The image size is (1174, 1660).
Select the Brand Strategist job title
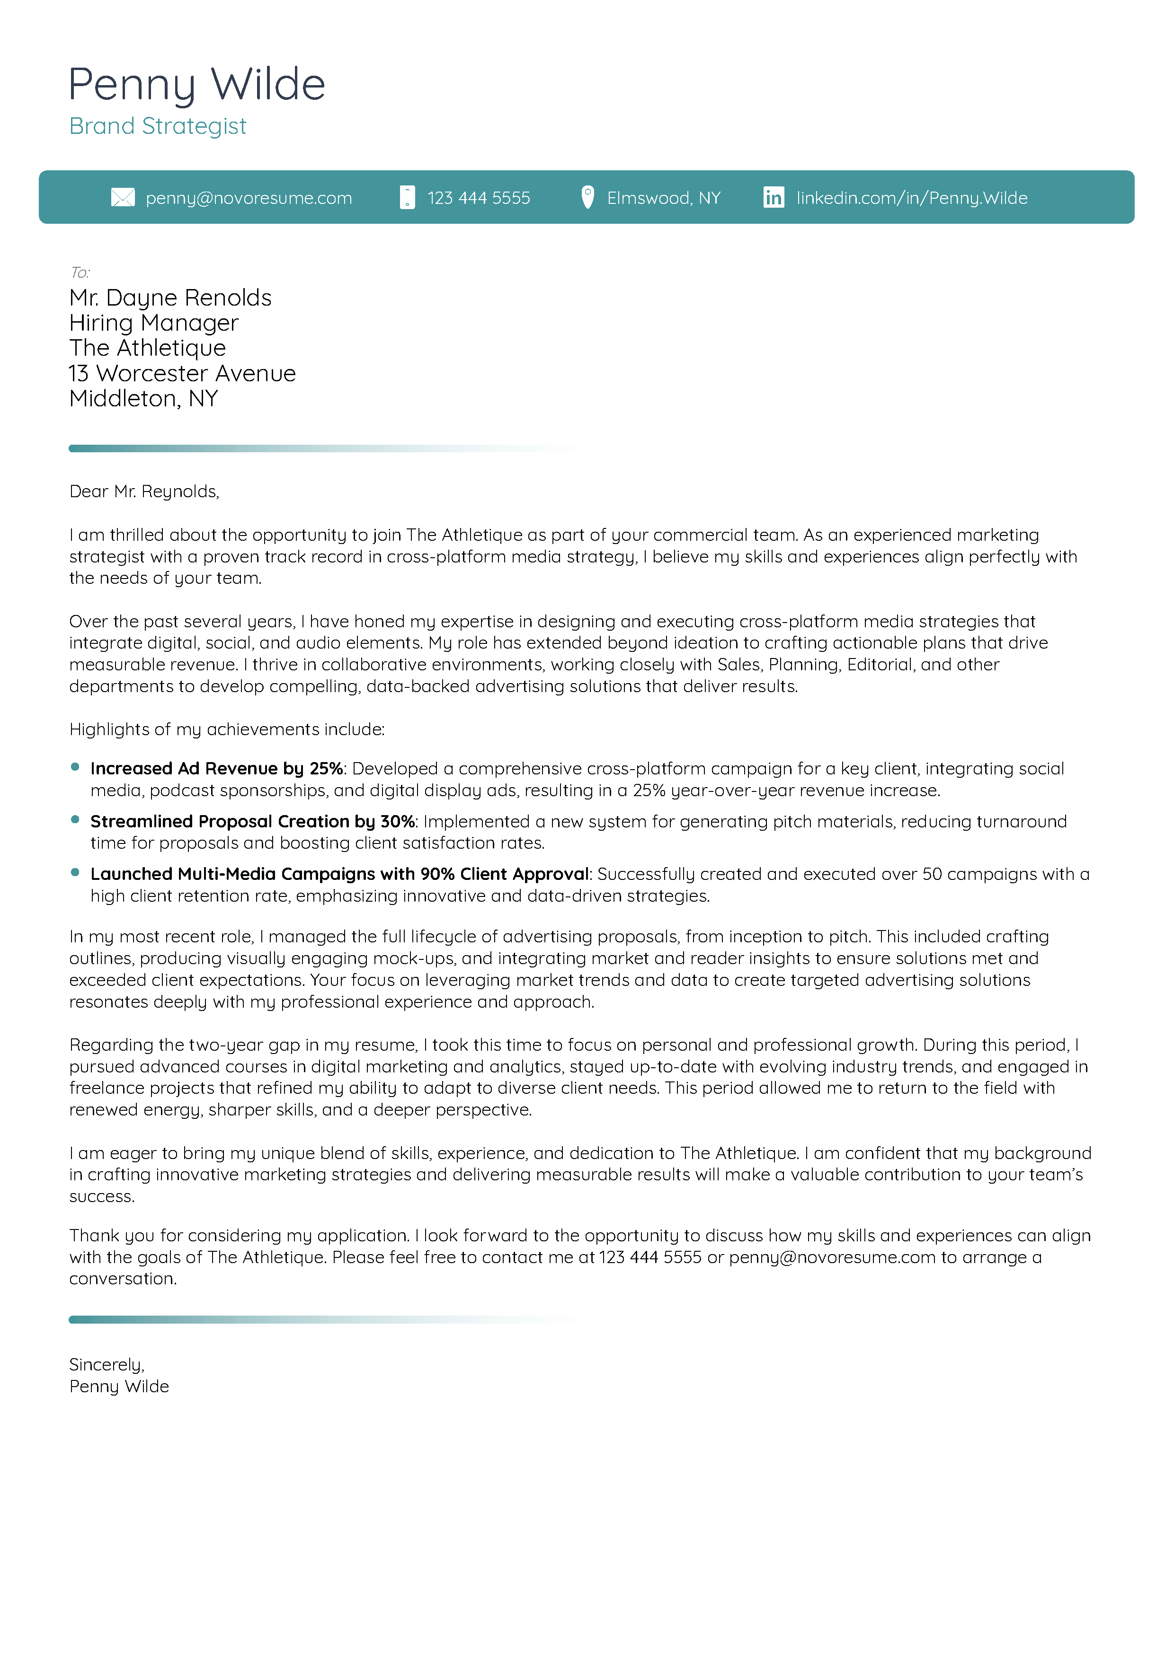[x=158, y=126]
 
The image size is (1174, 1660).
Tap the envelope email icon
[x=123, y=197]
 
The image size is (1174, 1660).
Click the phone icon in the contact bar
[x=407, y=197]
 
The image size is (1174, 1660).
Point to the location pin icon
[x=587, y=197]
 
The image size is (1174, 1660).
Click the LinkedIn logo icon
[x=773, y=197]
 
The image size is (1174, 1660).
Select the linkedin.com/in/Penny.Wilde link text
[x=911, y=198]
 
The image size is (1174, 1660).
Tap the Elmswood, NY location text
[x=663, y=198]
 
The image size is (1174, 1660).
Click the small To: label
[x=80, y=272]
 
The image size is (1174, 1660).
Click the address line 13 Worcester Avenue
[x=182, y=374]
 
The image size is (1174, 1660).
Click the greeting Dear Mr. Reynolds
[x=144, y=492]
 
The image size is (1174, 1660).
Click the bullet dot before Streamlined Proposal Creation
[x=75, y=819]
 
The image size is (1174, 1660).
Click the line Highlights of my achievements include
[x=226, y=729]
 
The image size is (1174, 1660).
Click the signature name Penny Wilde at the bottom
[x=119, y=1387]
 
